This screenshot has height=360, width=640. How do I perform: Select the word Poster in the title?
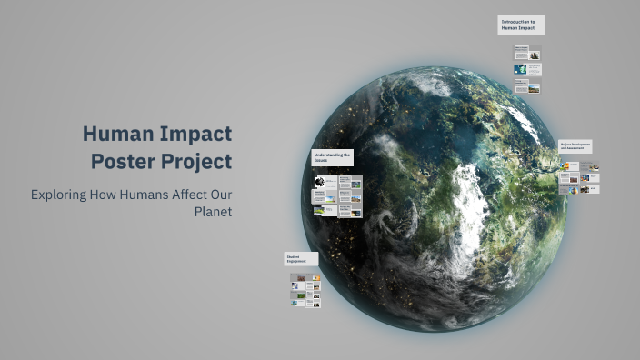pyautogui.click(x=125, y=162)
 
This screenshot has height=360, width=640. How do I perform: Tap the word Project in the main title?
pyautogui.click(x=197, y=162)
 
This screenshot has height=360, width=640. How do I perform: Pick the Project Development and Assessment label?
pyautogui.click(x=575, y=145)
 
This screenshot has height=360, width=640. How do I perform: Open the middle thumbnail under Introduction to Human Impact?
pyautogui.click(x=527, y=69)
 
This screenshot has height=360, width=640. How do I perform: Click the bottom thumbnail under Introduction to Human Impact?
pyautogui.click(x=527, y=86)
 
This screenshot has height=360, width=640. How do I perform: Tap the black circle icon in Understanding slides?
pyautogui.click(x=320, y=182)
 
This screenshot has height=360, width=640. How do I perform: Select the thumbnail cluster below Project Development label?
pyautogui.click(x=579, y=177)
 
